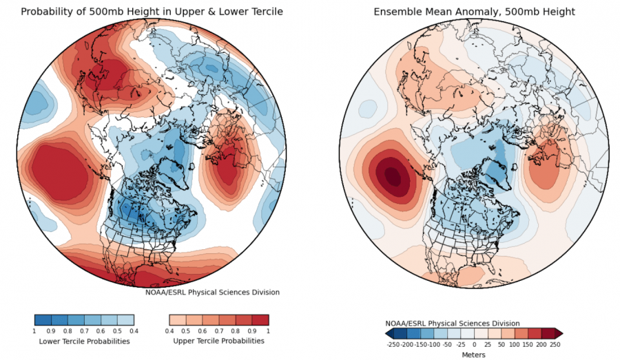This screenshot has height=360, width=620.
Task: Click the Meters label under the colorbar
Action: (x=473, y=354)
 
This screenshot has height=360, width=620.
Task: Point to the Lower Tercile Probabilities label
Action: (x=84, y=341)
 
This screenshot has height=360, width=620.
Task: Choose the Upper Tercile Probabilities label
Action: (x=218, y=341)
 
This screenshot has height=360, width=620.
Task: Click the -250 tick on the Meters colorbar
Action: (x=393, y=345)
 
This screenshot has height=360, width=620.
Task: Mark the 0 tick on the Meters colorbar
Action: (x=474, y=345)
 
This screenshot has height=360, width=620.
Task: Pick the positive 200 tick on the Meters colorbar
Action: (x=541, y=345)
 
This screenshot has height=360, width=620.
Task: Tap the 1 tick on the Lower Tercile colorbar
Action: (x=34, y=331)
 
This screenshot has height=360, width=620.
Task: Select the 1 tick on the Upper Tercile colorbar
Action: (x=269, y=331)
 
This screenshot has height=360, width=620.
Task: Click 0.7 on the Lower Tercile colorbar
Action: (x=84, y=331)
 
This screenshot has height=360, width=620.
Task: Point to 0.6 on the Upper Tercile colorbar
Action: (x=202, y=331)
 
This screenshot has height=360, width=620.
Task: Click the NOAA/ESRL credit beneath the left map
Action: (x=212, y=293)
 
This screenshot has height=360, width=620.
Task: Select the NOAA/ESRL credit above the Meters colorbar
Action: (x=453, y=324)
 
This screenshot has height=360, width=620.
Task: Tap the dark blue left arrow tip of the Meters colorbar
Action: (x=386, y=334)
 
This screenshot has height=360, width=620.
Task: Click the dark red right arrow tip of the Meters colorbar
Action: (x=562, y=334)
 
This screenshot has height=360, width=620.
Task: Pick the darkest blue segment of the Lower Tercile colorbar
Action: (x=43, y=319)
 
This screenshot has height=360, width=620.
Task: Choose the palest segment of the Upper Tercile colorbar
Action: (x=178, y=319)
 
